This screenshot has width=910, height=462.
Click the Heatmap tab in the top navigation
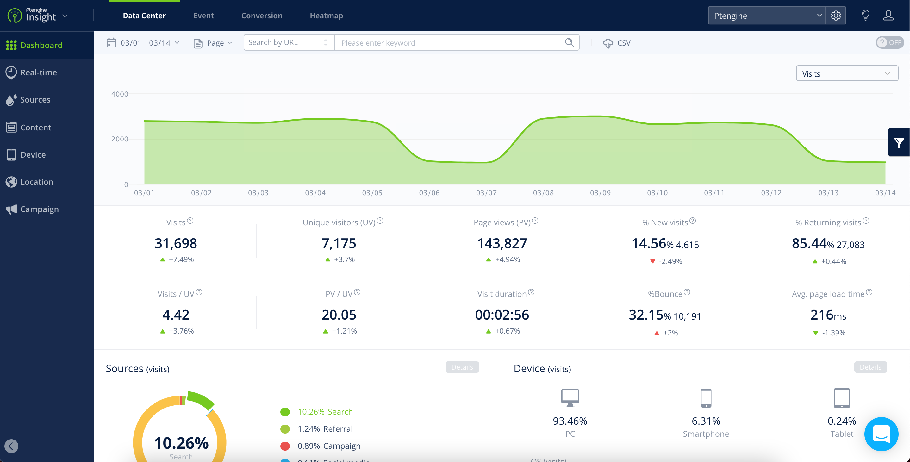point(326,16)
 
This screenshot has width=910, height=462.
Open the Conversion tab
point(261,16)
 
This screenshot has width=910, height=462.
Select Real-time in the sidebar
point(38,72)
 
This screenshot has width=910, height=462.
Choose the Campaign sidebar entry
point(39,209)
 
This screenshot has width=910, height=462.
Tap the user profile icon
point(888,16)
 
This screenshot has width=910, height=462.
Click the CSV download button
point(616,43)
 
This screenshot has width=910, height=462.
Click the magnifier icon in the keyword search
point(569,42)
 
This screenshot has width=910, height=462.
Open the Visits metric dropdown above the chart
point(847,73)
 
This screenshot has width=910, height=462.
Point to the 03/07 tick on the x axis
point(486,193)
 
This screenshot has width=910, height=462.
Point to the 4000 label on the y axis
point(120,94)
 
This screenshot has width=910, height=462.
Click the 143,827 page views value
point(502,243)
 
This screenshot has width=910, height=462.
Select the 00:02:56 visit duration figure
point(502,315)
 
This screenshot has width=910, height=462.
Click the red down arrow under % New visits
point(652,261)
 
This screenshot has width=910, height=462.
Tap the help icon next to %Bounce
point(687,292)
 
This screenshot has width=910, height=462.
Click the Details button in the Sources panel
point(462,367)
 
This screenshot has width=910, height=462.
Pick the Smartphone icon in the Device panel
point(706,398)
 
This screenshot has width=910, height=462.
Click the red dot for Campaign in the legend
point(285,446)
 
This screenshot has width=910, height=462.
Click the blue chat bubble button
point(881,434)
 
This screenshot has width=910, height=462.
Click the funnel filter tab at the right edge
point(899,142)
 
